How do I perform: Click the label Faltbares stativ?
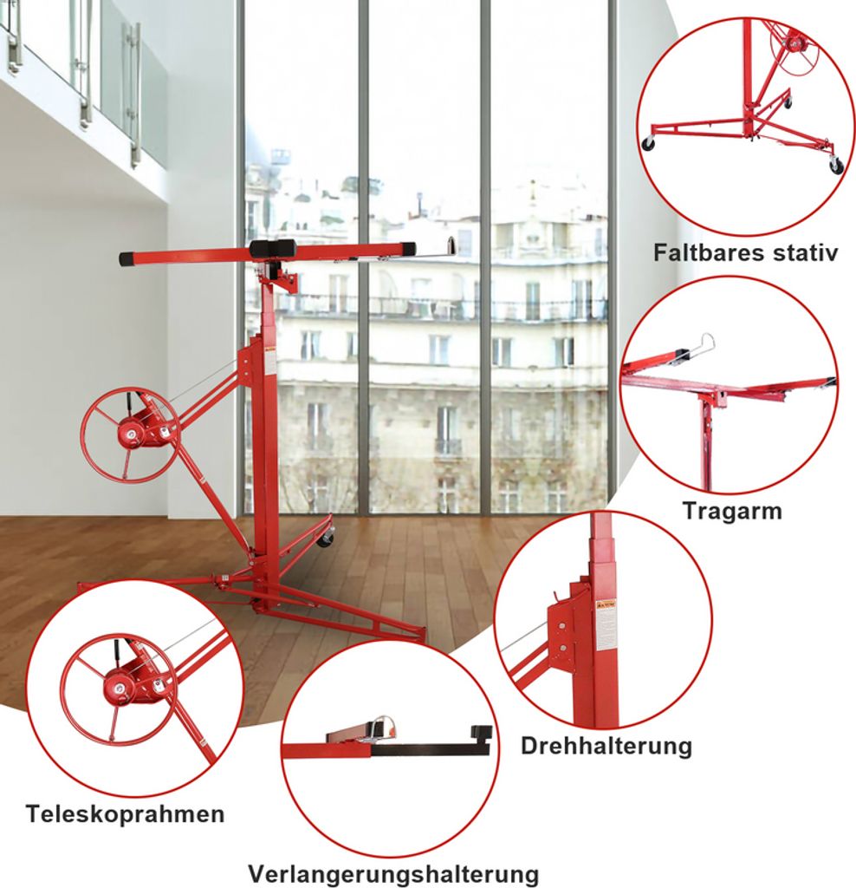pyautogui.click(x=745, y=252)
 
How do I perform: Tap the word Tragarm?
pyautogui.click(x=732, y=510)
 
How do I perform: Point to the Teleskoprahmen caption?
pyautogui.click(x=125, y=814)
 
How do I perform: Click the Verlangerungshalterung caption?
pyautogui.click(x=393, y=874)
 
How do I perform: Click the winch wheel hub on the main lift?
pyautogui.click(x=131, y=434)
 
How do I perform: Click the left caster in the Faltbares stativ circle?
pyautogui.click(x=649, y=143)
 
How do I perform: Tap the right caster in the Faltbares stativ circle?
pyautogui.click(x=836, y=166)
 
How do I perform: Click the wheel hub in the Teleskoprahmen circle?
pyautogui.click(x=120, y=689)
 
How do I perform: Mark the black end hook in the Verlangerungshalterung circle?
pyautogui.click(x=485, y=737)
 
